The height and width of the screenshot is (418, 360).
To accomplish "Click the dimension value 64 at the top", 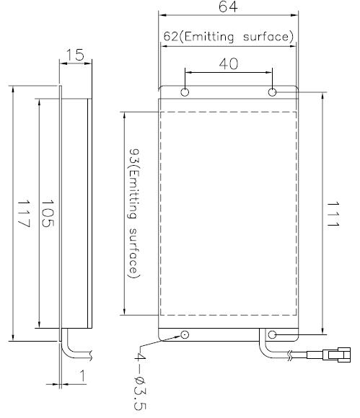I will point(228,7).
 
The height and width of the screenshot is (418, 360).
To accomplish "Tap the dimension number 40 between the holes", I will point(228,63).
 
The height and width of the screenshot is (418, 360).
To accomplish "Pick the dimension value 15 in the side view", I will point(74,55).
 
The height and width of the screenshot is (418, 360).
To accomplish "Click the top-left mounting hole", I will point(185,93).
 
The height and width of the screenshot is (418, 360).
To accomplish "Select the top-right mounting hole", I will point(273,93).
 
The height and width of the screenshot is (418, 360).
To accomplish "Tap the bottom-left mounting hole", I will point(185,334).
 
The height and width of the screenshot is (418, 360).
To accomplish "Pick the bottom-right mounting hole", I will point(273,334).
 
